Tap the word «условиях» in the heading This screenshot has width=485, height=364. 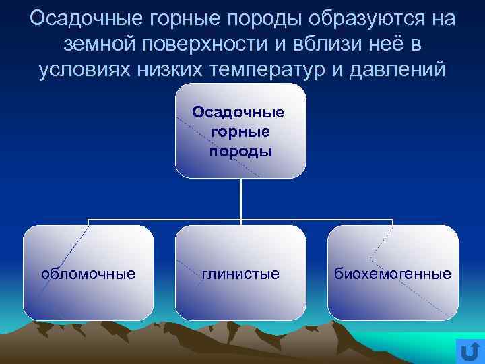coord(84,70)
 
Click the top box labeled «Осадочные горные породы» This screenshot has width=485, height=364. coord(240,131)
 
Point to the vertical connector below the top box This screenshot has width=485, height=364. coord(240,199)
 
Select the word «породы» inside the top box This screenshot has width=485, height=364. coord(240,150)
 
